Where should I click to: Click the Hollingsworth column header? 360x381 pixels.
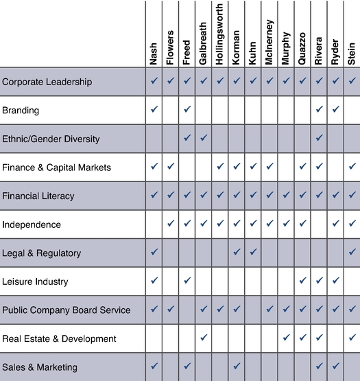click(x=219, y=34)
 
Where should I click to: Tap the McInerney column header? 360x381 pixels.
click(x=269, y=43)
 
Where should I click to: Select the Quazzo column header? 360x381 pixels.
click(x=302, y=49)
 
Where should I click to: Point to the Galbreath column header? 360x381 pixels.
click(x=203, y=44)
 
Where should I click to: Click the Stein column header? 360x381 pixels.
click(x=352, y=54)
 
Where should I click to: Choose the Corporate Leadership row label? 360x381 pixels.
click(x=47, y=82)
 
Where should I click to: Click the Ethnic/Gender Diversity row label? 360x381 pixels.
click(x=51, y=139)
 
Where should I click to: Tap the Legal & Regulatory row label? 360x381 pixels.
click(x=42, y=253)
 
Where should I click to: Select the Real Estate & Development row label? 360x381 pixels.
click(x=59, y=338)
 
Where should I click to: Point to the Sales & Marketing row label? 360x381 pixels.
click(x=40, y=367)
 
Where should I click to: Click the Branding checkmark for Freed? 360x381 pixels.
click(x=187, y=109)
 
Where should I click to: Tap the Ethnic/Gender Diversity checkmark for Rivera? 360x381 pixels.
click(x=320, y=137)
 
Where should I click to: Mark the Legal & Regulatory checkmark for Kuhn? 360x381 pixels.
click(x=253, y=252)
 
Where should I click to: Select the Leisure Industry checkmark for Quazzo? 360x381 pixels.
click(x=302, y=280)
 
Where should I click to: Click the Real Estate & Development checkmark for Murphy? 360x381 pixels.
click(x=286, y=337)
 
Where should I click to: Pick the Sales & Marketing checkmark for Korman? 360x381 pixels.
click(x=237, y=366)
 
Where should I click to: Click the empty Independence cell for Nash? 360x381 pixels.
click(x=154, y=224)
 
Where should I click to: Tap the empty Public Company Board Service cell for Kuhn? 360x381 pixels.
click(x=253, y=310)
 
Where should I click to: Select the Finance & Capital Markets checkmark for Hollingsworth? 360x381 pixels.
click(x=220, y=166)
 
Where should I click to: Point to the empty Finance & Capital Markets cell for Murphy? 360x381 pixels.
click(x=286, y=168)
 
